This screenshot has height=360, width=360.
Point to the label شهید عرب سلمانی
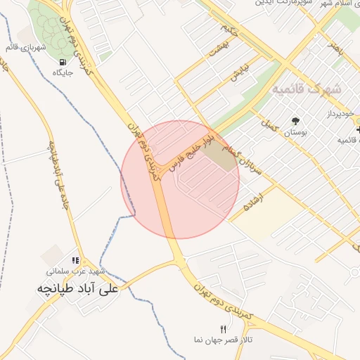77,271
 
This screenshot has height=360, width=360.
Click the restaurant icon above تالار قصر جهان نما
224,328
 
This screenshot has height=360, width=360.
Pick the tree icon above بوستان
295,120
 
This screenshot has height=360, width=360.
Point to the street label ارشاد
250,201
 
